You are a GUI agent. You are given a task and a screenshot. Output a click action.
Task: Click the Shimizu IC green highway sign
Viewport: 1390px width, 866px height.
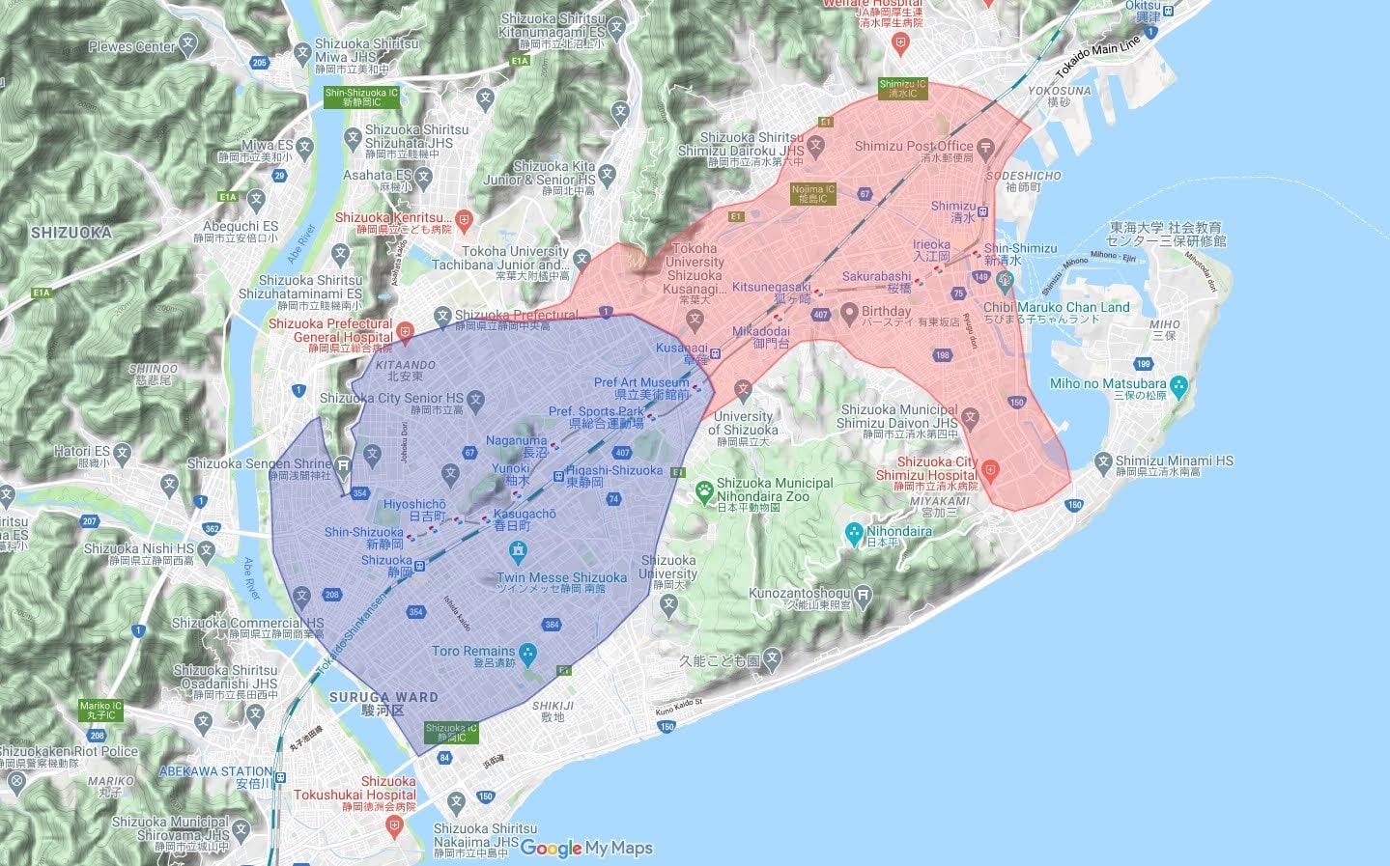tap(902, 89)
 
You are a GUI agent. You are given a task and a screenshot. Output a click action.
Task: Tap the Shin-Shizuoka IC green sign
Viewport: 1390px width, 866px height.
tap(361, 98)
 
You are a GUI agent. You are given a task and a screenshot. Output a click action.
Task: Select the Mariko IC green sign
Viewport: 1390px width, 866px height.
tap(100, 711)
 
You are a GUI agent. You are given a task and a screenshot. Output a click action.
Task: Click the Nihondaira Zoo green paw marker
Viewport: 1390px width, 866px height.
tap(704, 491)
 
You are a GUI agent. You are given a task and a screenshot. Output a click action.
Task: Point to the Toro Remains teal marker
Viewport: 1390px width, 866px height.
tap(527, 656)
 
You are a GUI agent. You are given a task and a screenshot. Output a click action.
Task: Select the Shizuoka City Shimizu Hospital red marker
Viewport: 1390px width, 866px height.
tap(989, 471)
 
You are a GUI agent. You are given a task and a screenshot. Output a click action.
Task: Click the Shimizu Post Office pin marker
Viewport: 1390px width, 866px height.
tap(985, 149)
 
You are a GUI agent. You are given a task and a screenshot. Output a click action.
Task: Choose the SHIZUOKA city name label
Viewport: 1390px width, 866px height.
tap(71, 233)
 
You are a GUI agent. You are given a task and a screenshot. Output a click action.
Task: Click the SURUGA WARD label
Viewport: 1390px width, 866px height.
tap(383, 697)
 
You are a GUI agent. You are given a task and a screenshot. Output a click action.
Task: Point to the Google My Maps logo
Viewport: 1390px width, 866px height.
tap(586, 849)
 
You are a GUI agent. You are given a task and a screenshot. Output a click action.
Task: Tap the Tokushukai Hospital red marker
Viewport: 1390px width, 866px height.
tap(393, 824)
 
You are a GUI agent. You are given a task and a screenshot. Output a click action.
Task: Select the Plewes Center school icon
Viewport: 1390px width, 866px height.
tap(188, 44)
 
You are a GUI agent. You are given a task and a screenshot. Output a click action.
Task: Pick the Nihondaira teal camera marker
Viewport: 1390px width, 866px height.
tap(853, 532)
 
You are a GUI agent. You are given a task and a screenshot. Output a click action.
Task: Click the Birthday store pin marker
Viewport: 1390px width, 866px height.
tap(848, 313)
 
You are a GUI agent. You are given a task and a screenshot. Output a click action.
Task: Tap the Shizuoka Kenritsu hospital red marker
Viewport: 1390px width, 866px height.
tap(464, 219)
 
